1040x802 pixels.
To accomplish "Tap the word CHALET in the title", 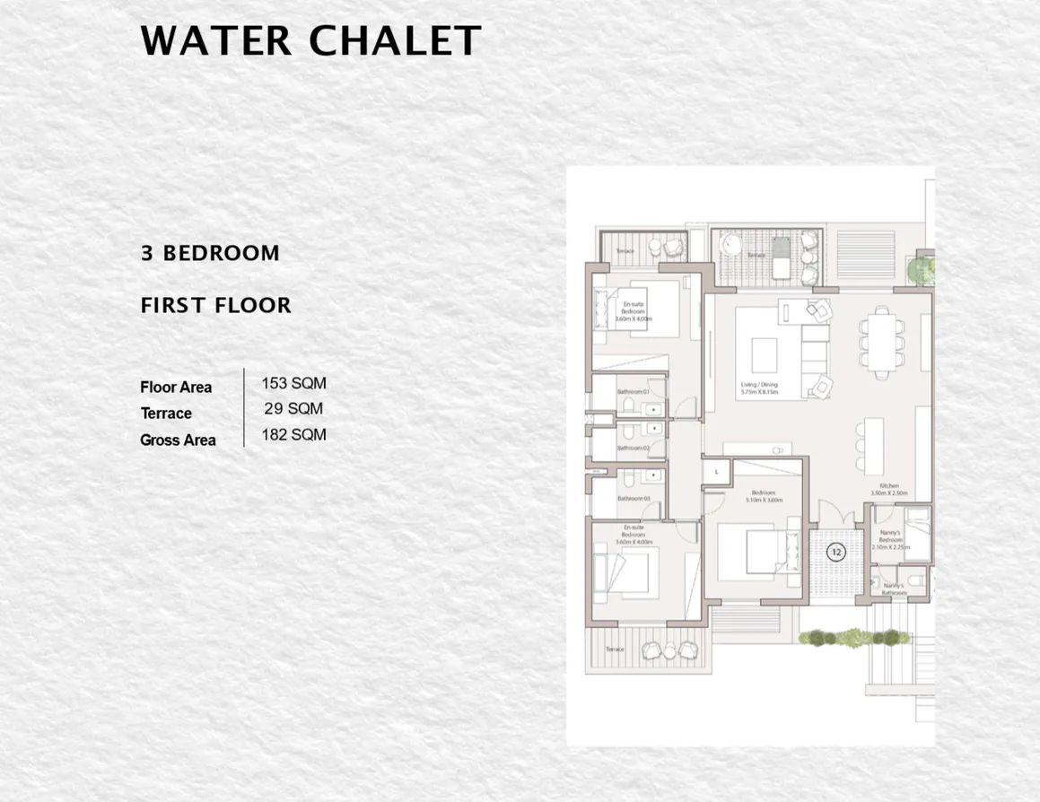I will [x=395, y=41].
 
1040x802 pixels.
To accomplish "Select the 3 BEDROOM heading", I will [x=210, y=253].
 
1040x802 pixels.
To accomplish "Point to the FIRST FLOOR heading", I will [x=216, y=305].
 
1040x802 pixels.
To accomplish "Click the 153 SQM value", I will [x=293, y=383].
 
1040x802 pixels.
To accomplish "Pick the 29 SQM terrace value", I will [x=293, y=409].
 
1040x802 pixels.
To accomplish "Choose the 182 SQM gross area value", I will [x=293, y=435].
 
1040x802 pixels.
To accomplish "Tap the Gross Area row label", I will [x=178, y=440].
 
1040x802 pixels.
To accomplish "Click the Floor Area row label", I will [x=176, y=388].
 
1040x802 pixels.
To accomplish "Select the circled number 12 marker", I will [x=836, y=553].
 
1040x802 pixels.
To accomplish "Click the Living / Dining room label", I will [x=758, y=388].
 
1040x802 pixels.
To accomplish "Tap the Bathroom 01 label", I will [x=639, y=392].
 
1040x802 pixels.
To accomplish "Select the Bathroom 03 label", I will [x=633, y=499].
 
